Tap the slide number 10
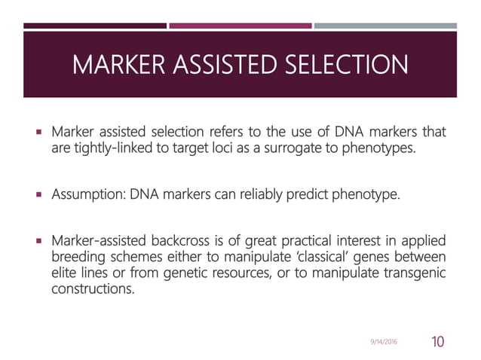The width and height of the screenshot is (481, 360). coord(437,342)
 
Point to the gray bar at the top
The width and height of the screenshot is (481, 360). coord(385,26)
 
